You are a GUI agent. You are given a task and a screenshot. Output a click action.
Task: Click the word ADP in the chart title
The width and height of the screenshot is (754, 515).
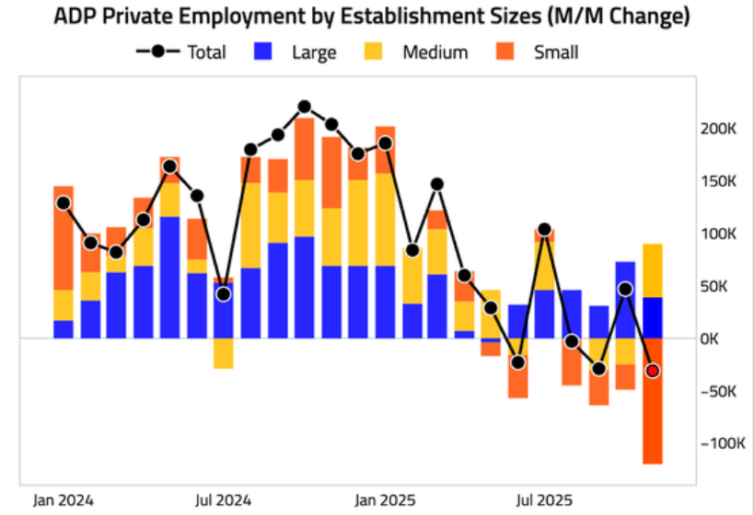click(75, 17)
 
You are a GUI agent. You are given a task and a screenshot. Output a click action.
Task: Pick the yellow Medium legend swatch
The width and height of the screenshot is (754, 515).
click(376, 52)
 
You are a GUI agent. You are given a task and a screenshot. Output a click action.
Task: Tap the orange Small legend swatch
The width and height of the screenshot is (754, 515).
click(507, 52)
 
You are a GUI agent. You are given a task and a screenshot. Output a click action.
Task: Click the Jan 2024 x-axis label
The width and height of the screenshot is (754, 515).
click(64, 500)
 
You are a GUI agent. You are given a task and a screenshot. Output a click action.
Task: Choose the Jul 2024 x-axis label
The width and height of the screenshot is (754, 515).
click(223, 500)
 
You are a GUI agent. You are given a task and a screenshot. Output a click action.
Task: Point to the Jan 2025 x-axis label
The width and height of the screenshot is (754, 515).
click(385, 500)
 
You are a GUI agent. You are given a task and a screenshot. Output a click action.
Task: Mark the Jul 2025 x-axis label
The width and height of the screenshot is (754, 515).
click(544, 500)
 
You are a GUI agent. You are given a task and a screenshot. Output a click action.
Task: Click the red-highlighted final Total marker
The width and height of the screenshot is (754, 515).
click(653, 371)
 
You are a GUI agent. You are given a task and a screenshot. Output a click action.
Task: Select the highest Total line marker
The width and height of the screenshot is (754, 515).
click(305, 108)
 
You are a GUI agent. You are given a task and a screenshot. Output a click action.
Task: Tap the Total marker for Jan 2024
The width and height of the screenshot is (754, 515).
click(64, 203)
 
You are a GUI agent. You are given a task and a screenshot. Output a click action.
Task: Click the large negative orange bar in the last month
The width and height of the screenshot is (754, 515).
click(653, 414)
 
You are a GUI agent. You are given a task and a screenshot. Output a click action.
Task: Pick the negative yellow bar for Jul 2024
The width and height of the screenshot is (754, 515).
click(224, 353)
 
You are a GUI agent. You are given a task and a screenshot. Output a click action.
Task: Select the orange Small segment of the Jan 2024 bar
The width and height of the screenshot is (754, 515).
click(64, 238)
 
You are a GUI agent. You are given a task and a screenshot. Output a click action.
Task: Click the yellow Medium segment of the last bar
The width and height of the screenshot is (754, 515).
click(653, 270)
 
